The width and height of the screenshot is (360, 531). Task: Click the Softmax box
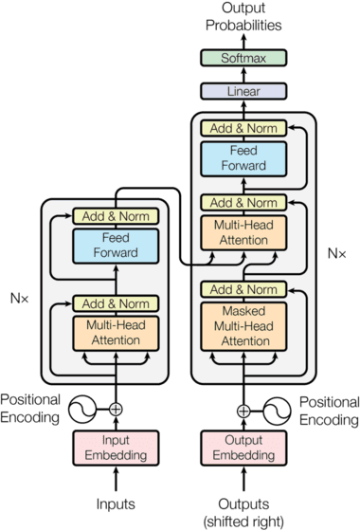[x=243, y=59]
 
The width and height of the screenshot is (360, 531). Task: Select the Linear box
[x=243, y=92]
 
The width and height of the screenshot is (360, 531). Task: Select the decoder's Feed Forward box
[x=243, y=157]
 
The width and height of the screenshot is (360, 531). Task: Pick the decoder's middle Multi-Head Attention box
[x=243, y=234]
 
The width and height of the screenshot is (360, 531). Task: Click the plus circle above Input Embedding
[x=117, y=410]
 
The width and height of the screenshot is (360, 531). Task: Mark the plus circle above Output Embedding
[x=243, y=411]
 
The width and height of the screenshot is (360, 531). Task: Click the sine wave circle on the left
[x=87, y=410]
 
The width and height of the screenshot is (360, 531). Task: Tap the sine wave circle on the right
[x=274, y=411]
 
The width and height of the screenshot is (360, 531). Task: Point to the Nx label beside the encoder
[x=20, y=298]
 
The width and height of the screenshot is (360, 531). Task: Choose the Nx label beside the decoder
[x=336, y=253]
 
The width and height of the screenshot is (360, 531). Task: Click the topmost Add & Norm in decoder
[x=243, y=127]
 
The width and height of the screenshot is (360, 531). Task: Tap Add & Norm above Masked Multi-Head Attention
[x=243, y=290]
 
